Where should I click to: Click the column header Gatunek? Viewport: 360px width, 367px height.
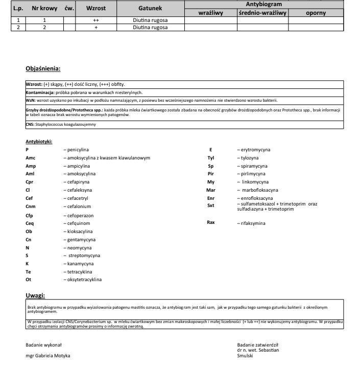[150, 9]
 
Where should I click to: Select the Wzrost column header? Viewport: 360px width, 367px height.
[96, 9]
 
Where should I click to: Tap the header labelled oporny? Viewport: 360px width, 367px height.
[316, 13]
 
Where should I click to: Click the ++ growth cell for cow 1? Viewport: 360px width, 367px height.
[96, 20]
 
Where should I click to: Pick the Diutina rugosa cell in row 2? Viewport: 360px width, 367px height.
[150, 28]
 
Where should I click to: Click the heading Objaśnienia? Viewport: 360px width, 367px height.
[43, 68]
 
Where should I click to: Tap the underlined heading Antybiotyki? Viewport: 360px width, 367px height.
[39, 141]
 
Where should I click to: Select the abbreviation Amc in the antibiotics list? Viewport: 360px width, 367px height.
[31, 158]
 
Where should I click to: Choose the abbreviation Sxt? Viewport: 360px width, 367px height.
[211, 205]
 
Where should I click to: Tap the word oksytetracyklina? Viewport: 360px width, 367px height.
[84, 280]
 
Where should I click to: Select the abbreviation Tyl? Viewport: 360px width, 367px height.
[210, 158]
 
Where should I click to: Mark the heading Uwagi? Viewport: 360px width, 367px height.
[35, 295]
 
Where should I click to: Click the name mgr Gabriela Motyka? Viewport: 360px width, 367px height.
[48, 355]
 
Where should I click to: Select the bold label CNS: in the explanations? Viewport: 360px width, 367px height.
[30, 124]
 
